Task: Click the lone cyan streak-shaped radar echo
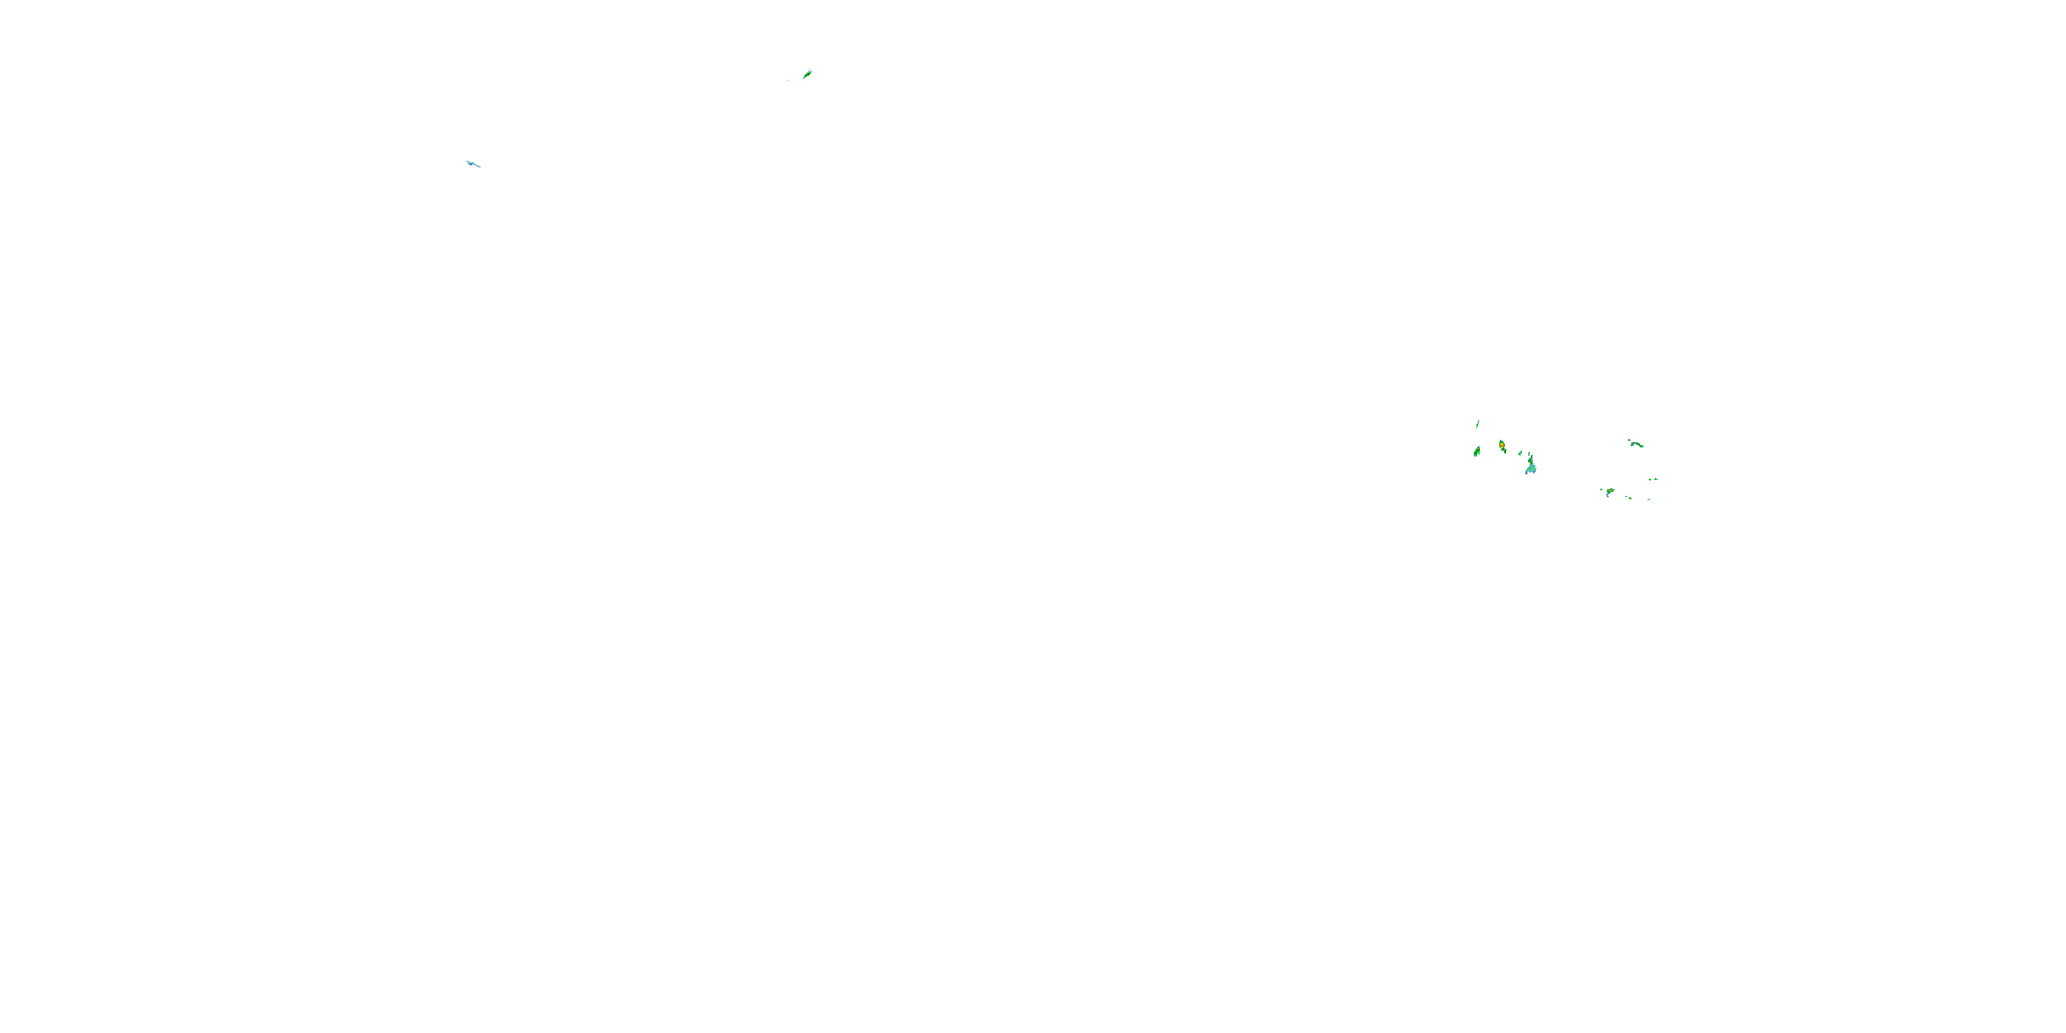pos(472,164)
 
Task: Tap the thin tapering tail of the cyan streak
pos(479,167)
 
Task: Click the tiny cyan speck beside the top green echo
pos(788,80)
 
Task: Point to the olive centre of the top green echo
pos(807,74)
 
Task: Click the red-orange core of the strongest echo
pos(1502,446)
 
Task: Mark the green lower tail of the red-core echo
pos(1505,452)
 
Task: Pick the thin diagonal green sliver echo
pos(1478,425)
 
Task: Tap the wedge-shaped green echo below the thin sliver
pos(1477,453)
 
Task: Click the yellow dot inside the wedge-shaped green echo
pos(1479,449)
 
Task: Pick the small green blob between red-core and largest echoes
pos(1521,453)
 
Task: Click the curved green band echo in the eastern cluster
pos(1637,445)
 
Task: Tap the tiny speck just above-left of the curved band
pos(1629,440)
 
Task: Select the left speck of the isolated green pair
pos(1650,479)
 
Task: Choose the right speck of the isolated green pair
pos(1656,479)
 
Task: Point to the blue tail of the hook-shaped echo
pos(1607,497)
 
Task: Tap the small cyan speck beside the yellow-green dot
pos(1627,497)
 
